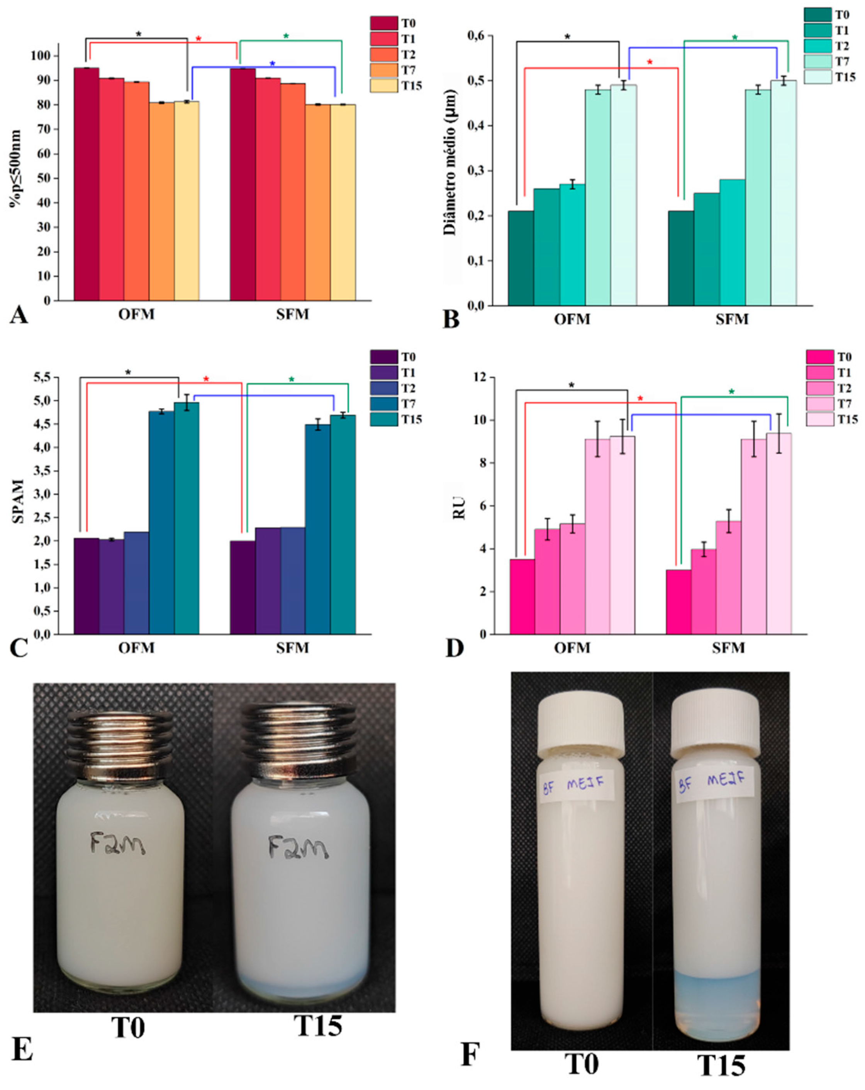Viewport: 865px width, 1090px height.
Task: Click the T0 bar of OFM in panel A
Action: (86, 185)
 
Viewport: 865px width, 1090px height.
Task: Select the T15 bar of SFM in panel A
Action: (343, 202)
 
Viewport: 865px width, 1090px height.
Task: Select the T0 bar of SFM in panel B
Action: (680, 258)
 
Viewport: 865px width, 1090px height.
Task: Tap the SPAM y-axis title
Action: (18, 501)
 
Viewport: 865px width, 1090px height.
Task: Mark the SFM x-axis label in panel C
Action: (292, 648)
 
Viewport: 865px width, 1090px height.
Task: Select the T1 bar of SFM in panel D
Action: (703, 591)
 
